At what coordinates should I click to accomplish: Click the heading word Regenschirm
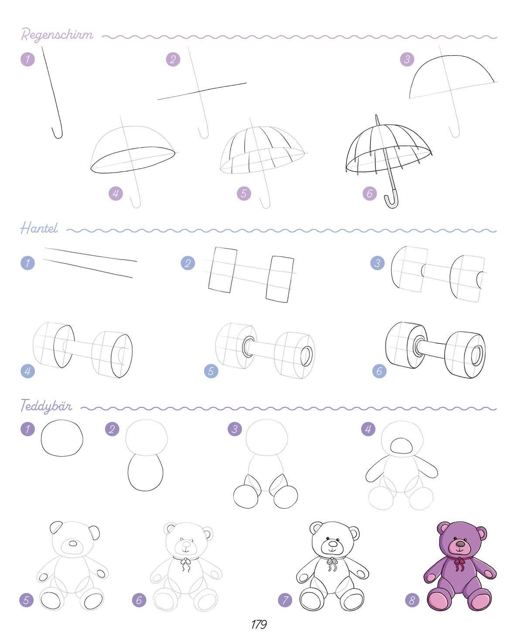click(57, 35)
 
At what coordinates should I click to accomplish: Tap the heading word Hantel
click(39, 229)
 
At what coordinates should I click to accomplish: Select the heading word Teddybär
click(46, 406)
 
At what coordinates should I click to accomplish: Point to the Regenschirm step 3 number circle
click(407, 59)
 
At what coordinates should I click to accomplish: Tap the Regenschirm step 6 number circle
click(370, 193)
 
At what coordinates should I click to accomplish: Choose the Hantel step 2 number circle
click(188, 263)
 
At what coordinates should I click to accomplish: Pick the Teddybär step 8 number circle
click(412, 600)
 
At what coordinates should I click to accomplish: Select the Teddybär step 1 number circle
click(27, 429)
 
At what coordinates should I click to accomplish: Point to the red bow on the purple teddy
click(458, 563)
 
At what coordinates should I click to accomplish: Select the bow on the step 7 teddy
click(331, 564)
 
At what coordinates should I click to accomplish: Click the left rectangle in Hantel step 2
click(222, 270)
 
